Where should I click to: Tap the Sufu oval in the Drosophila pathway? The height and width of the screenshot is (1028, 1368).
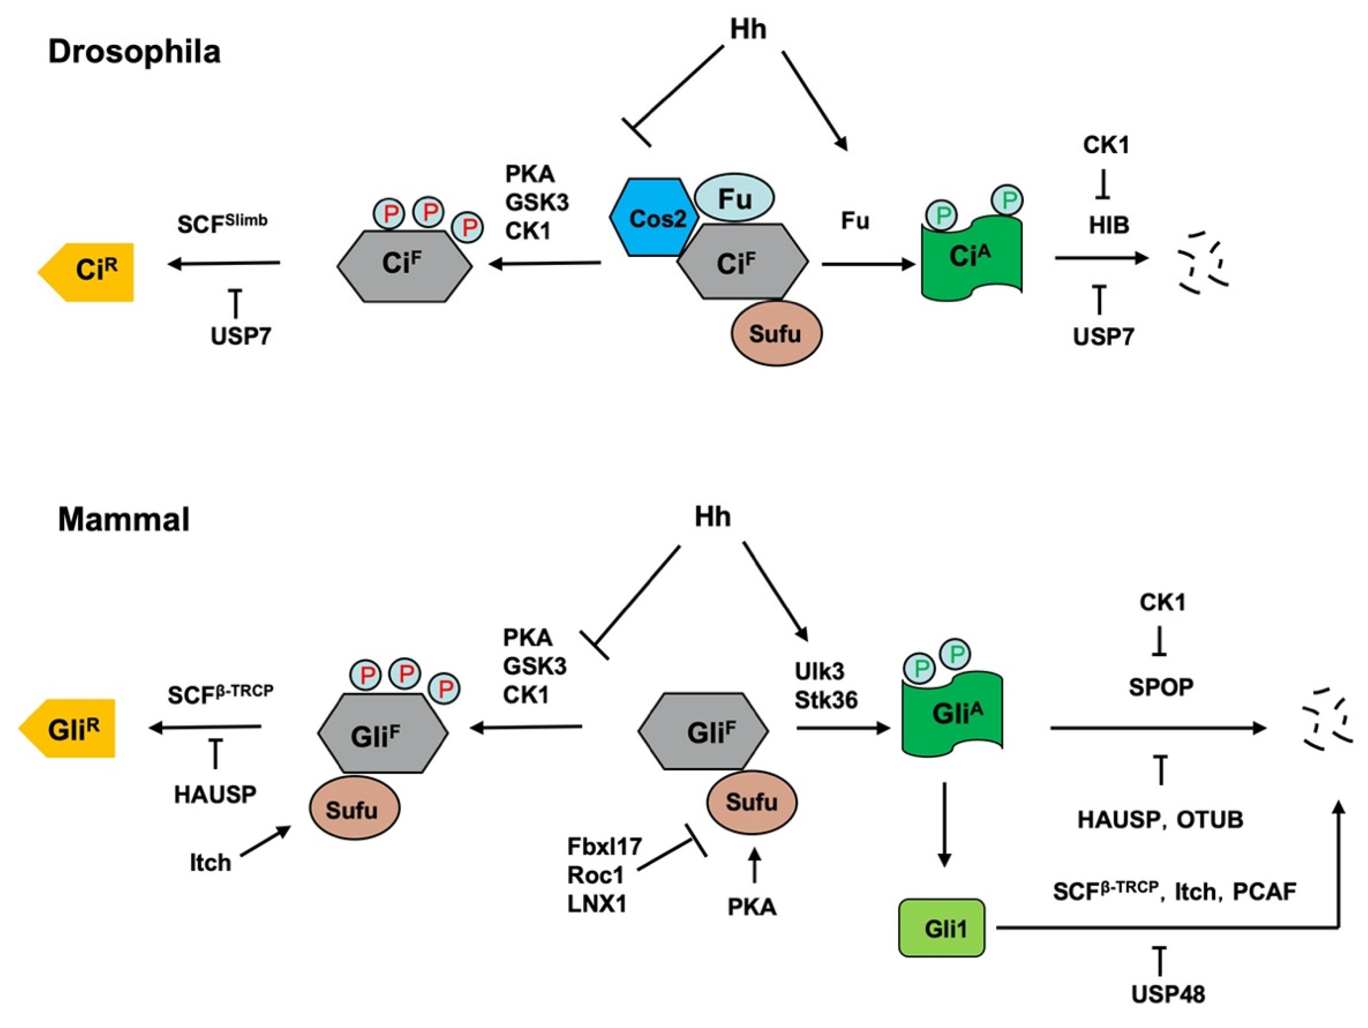point(776,334)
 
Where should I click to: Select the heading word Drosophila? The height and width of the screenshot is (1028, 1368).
point(134,52)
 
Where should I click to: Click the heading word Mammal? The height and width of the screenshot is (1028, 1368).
point(124,519)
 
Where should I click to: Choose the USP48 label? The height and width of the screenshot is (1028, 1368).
point(1168,995)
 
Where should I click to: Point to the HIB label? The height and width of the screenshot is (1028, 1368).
point(1109,226)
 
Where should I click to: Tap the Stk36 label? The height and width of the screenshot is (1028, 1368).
point(826,700)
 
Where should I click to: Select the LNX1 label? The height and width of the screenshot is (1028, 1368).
point(597,904)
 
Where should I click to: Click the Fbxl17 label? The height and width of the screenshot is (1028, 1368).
point(605,846)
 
